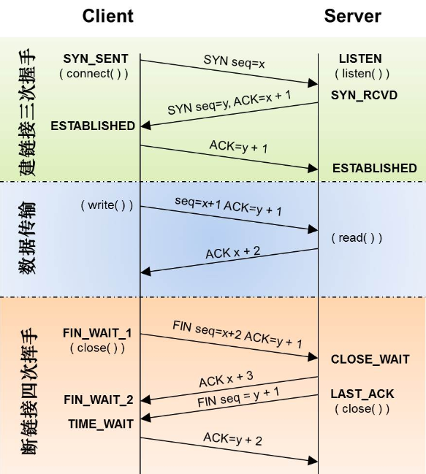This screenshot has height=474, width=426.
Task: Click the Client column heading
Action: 107,16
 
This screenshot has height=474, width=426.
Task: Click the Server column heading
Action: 352,16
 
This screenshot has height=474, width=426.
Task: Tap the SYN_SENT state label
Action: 96,58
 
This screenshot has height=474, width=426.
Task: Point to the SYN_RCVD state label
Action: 364,95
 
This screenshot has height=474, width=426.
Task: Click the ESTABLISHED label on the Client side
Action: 93,126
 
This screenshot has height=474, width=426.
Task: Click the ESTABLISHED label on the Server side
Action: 374,168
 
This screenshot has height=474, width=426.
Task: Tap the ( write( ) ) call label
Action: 107,205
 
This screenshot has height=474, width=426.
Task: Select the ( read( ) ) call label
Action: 357,238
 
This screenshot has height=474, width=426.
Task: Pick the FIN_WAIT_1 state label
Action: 97,333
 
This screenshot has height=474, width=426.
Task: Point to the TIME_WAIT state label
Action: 101,424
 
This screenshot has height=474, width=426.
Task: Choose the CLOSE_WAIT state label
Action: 370,359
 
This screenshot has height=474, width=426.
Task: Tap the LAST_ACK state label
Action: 362,394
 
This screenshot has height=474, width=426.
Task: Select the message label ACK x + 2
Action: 232,252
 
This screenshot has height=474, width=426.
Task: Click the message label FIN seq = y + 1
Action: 237,398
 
